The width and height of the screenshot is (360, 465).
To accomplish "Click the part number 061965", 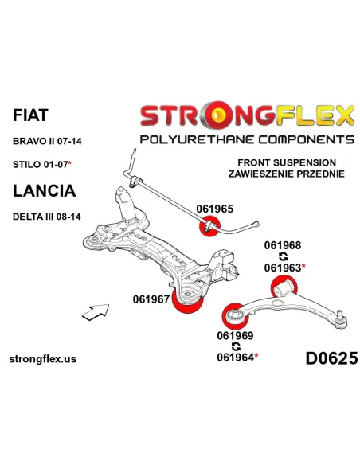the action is pos(215,209).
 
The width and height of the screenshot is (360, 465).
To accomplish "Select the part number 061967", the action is pos(151,299).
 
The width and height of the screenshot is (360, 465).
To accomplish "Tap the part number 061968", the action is pos(283,245).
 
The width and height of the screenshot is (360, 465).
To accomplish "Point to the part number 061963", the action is pos(283,268).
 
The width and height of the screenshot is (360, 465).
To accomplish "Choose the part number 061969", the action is pos(235,336).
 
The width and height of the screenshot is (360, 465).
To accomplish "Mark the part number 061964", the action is pos(236,358).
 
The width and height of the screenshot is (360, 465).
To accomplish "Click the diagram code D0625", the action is pos(331,358).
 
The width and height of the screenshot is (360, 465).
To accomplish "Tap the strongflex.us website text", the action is pos(43,359).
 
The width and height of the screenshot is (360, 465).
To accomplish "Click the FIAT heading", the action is pos(30,115).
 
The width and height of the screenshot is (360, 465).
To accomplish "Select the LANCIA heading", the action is pos(44,190).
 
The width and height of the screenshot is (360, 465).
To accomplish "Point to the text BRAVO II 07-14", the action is pos(47,141).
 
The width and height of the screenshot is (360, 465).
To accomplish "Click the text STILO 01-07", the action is pos(41,164).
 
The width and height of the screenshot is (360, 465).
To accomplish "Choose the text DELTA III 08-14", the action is pos(46,217).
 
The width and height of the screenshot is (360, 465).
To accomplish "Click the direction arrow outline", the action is pos(96,312).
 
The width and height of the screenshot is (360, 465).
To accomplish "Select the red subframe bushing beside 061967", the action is pos(188,301).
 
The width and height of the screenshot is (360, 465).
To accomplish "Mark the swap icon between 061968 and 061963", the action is pos(284,256).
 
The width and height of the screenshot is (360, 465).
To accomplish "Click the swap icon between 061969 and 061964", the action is pos(236,346).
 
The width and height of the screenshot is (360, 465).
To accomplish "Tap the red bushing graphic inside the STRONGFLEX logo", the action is pos(220,115).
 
